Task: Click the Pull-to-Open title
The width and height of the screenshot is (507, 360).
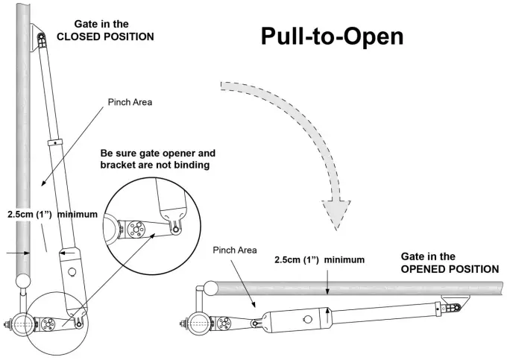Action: (332, 37)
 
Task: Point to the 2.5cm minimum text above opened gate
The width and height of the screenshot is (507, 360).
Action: (319, 260)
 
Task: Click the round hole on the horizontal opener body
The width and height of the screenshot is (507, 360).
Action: (306, 319)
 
